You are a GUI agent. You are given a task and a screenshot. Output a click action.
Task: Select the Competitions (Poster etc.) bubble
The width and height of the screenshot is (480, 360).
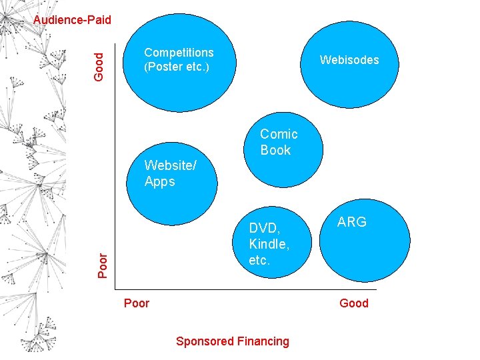179,60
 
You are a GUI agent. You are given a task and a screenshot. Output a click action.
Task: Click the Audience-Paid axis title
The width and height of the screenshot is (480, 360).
72,20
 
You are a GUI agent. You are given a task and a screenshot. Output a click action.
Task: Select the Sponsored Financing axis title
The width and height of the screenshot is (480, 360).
232,341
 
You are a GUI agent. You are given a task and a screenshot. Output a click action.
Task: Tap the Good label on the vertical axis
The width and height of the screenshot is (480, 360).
99,67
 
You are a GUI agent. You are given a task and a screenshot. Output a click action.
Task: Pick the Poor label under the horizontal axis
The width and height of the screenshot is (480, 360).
137,304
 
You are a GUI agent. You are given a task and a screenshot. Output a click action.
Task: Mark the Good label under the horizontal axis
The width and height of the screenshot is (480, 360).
353,304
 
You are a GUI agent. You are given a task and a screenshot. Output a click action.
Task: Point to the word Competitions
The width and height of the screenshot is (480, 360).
179,53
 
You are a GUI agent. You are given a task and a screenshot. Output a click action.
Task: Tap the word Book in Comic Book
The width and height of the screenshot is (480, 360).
275,151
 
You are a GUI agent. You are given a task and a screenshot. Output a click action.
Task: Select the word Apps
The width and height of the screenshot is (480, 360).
159,182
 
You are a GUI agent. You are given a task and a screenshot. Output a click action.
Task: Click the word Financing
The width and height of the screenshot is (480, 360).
263,341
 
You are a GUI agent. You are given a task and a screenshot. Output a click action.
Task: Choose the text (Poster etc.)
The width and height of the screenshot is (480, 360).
177,67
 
